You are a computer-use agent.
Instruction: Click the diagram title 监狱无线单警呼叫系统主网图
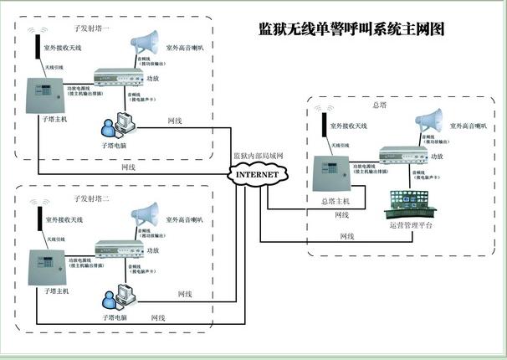[351, 28]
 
